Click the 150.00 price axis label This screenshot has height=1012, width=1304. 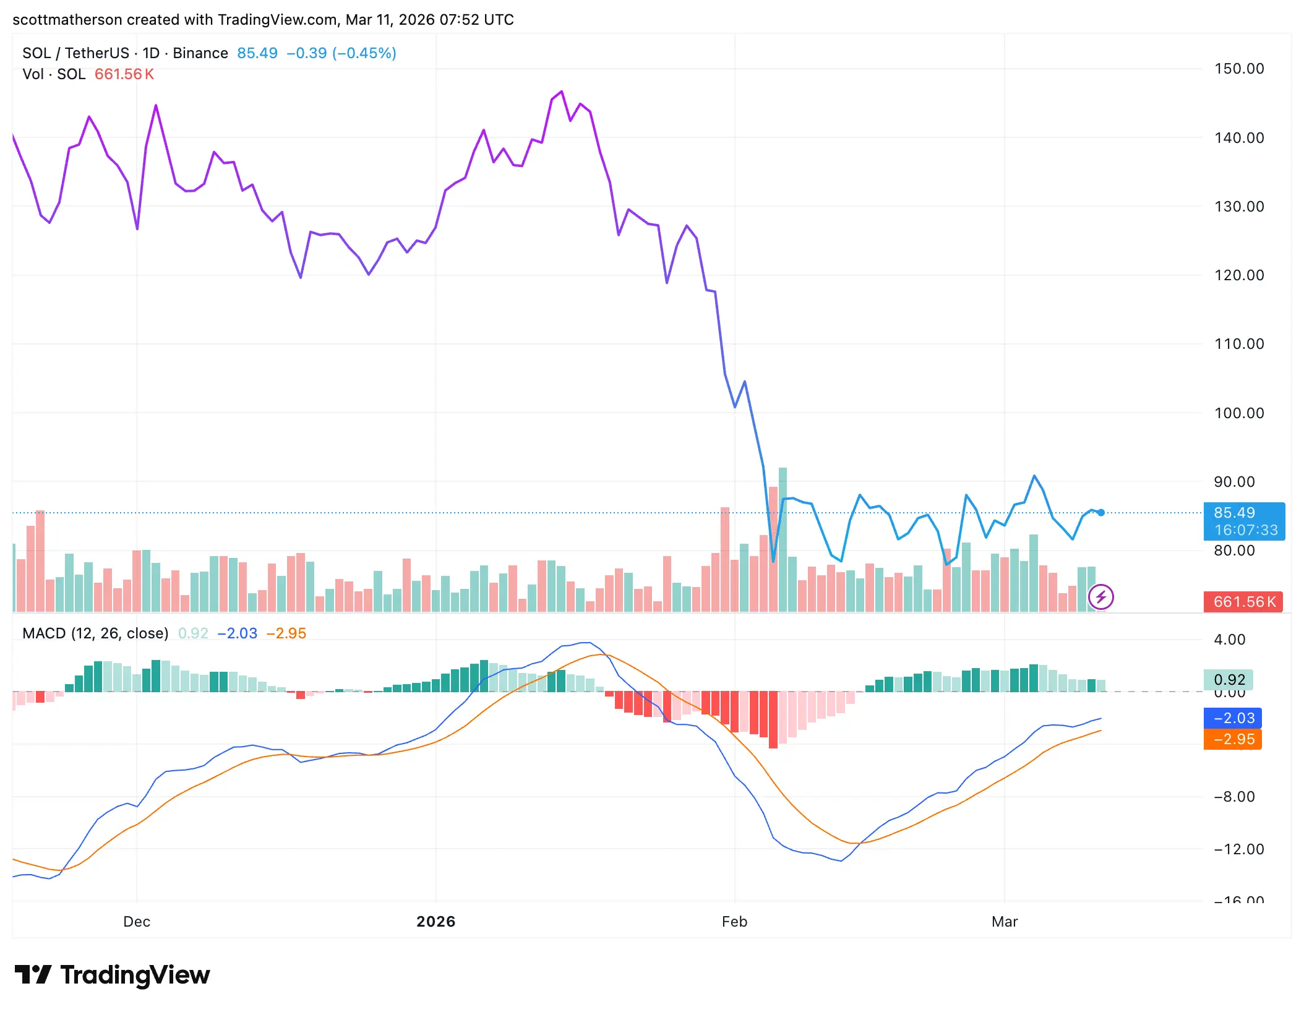click(1238, 69)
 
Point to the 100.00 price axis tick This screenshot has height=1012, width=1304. click(1238, 413)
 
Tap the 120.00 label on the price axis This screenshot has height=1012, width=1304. click(1238, 275)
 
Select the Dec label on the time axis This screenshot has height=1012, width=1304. click(137, 922)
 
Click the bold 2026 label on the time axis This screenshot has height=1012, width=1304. click(435, 922)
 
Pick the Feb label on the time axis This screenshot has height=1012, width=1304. click(734, 922)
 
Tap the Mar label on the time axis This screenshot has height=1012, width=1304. click(1004, 922)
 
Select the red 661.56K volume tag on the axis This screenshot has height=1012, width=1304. click(1243, 602)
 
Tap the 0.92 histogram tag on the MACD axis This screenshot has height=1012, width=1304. click(1229, 680)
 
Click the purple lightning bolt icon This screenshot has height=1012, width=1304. click(1101, 597)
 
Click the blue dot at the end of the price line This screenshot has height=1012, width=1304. click(1101, 513)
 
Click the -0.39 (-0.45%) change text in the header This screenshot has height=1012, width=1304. click(341, 53)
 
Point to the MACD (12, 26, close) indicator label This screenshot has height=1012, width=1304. click(95, 633)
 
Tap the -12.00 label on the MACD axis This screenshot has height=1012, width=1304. click(1238, 849)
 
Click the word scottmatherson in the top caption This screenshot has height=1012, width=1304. click(67, 20)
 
